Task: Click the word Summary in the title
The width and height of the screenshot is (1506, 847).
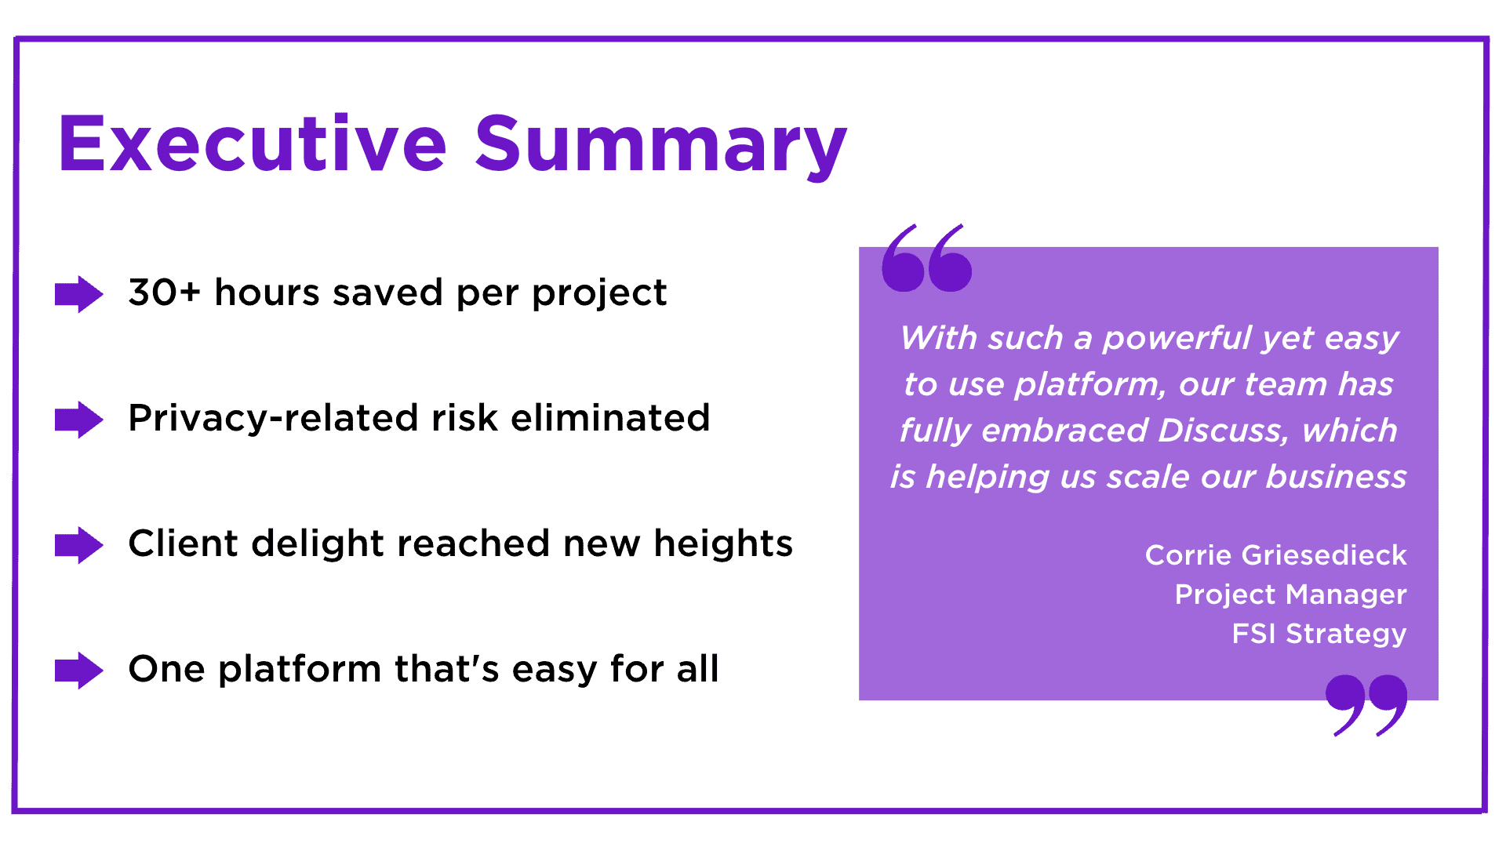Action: (660, 145)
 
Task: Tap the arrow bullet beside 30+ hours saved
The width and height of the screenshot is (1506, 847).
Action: (78, 294)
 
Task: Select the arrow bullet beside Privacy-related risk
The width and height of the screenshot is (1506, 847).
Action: (78, 420)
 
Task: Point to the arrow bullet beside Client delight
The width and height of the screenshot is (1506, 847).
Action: (78, 545)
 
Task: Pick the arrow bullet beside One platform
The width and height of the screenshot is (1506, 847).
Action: (78, 671)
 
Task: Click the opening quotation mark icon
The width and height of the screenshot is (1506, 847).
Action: (926, 259)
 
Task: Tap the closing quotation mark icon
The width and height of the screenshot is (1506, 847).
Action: (1366, 703)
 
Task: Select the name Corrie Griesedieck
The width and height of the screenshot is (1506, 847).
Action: (1275, 555)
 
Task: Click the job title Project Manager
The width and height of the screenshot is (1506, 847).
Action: (1290, 594)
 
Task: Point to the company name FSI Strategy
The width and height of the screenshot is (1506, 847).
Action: (1319, 634)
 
